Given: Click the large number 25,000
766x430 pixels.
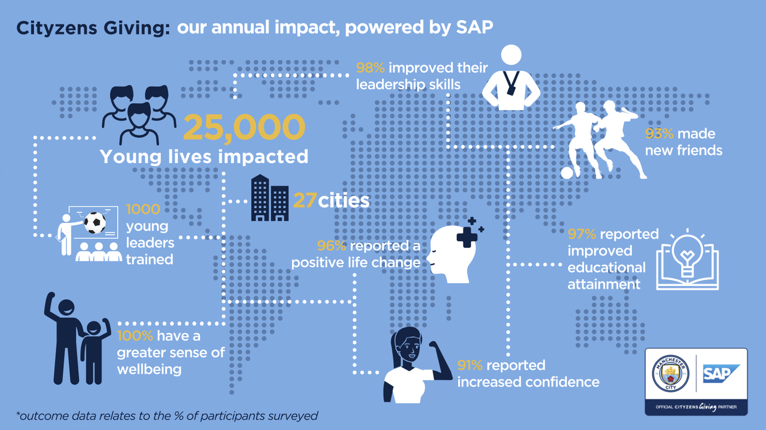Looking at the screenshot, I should (x=244, y=127).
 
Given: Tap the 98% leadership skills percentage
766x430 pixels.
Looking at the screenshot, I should (x=370, y=68).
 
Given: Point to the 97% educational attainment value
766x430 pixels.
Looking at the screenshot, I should (x=582, y=234).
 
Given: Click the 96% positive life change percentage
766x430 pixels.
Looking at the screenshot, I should (x=332, y=246).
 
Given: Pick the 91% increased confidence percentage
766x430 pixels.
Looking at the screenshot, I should (x=470, y=365).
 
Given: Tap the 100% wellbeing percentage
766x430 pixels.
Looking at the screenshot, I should (x=135, y=336).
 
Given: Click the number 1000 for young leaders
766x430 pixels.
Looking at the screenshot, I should (x=143, y=209).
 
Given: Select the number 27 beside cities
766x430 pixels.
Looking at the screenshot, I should (x=305, y=200).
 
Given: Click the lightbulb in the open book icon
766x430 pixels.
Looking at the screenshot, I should (x=687, y=254).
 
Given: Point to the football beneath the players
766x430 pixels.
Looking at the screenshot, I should (x=567, y=173).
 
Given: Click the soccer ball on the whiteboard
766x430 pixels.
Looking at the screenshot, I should (x=94, y=223).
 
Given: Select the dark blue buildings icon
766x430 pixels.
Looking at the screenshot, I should (x=269, y=198).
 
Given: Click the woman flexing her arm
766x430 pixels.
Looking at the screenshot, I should (x=412, y=366).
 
